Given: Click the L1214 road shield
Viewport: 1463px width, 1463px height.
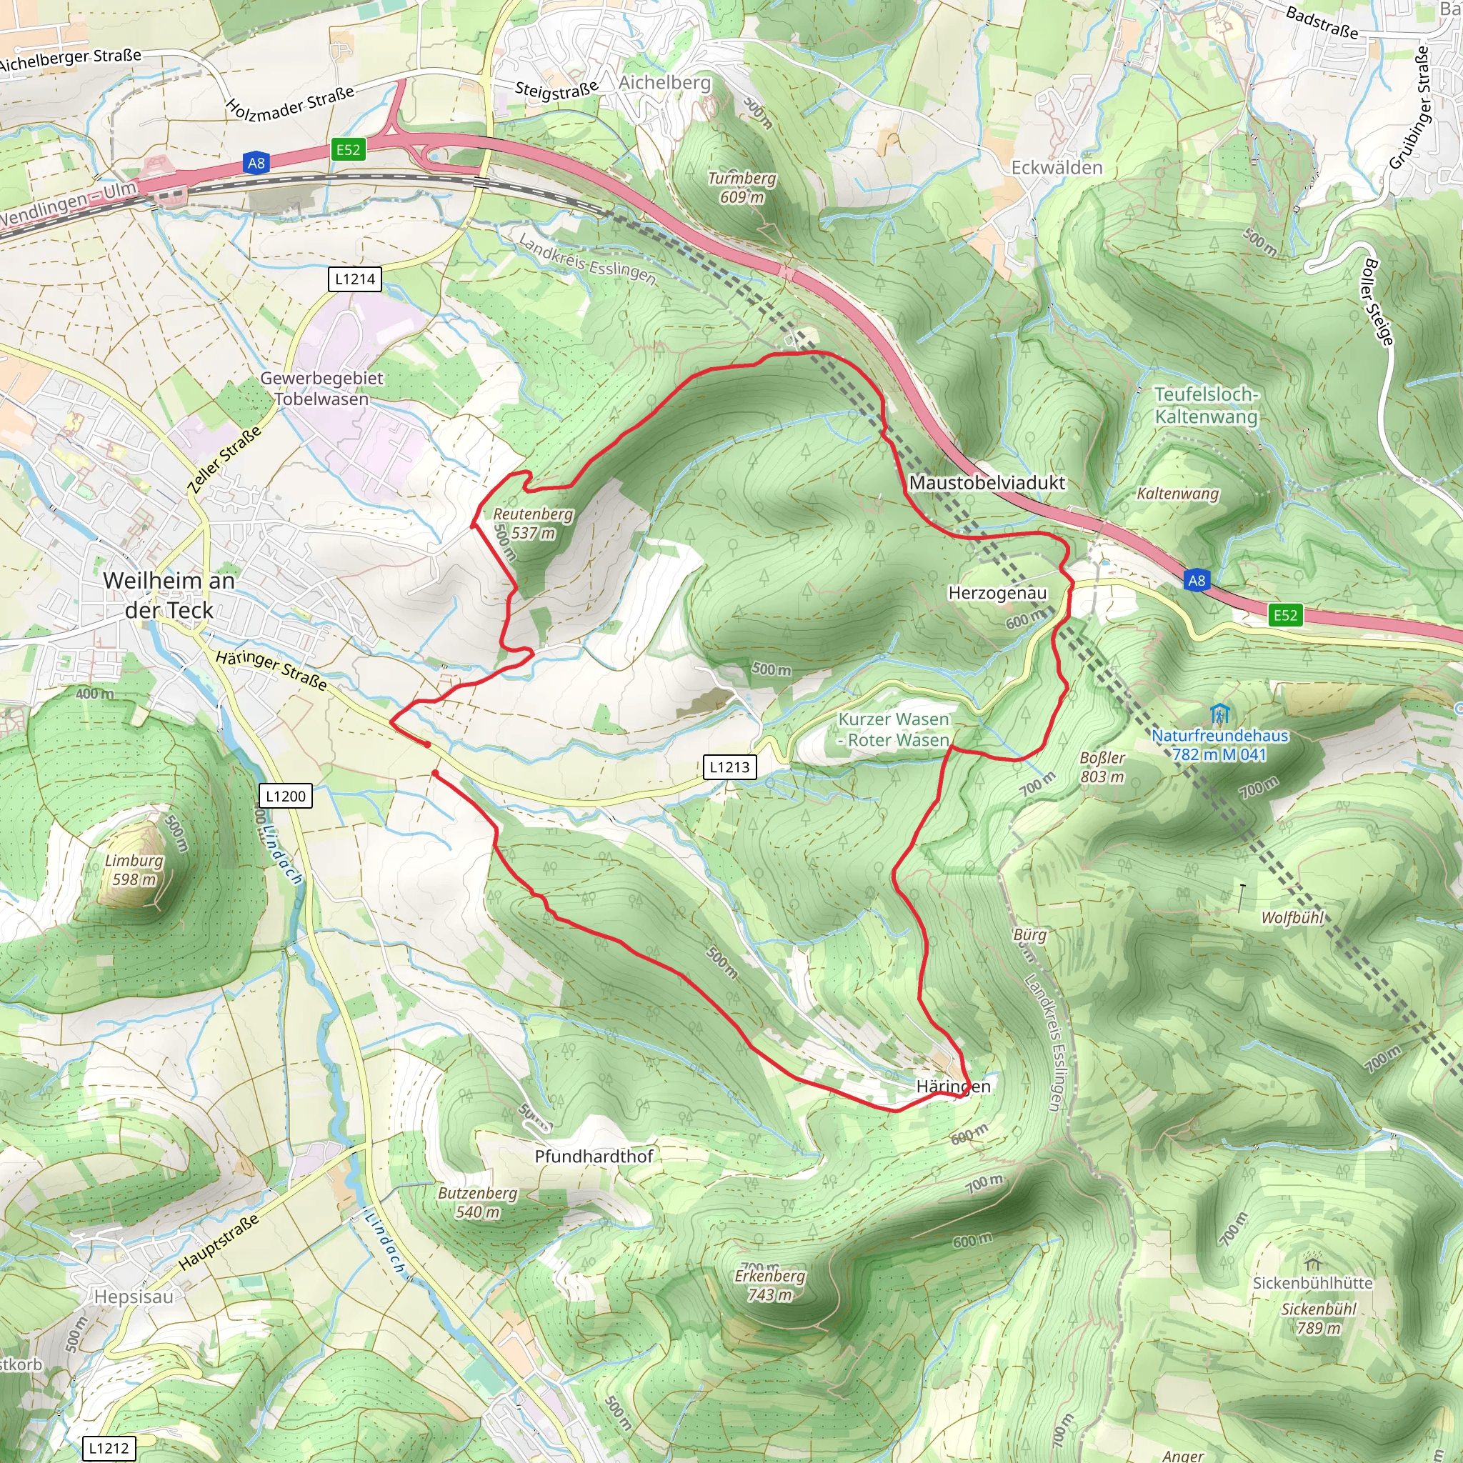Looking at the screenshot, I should pyautogui.click(x=355, y=279).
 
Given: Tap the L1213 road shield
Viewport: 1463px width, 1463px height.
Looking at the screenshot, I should pyautogui.click(x=729, y=767).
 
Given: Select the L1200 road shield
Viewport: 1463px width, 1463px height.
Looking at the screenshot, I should pyautogui.click(x=286, y=796).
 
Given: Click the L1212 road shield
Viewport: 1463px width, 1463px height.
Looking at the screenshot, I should pyautogui.click(x=109, y=1449).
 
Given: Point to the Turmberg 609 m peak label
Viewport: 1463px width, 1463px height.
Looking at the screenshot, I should pyautogui.click(x=742, y=188).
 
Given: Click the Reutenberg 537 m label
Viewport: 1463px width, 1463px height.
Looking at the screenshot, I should pyautogui.click(x=533, y=523).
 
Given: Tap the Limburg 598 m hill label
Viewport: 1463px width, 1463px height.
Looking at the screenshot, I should pyautogui.click(x=134, y=870).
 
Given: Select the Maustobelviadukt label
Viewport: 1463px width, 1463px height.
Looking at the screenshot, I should pyautogui.click(x=987, y=482).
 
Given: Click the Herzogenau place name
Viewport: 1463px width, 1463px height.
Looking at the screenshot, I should pyautogui.click(x=997, y=593).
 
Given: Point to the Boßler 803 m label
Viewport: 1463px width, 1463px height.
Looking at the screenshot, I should pyautogui.click(x=1102, y=767).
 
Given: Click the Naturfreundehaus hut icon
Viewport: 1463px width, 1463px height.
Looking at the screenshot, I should pyautogui.click(x=1219, y=714).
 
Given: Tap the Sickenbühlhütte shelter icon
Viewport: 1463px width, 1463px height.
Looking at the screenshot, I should pyautogui.click(x=1313, y=1263).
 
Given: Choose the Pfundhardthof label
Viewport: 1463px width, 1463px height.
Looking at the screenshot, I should pyautogui.click(x=594, y=1157).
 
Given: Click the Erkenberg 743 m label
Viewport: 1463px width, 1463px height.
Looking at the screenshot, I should pyautogui.click(x=770, y=1285).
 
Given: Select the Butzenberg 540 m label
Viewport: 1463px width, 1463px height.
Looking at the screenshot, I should pyautogui.click(x=478, y=1202).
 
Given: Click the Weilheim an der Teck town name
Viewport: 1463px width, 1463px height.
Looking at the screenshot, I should pyautogui.click(x=169, y=595).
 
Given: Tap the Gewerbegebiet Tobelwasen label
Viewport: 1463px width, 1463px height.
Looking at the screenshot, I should pyautogui.click(x=322, y=389).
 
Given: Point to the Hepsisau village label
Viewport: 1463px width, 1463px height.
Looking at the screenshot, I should pyautogui.click(x=134, y=1297).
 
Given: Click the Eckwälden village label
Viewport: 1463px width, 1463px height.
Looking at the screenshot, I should pyautogui.click(x=1057, y=167).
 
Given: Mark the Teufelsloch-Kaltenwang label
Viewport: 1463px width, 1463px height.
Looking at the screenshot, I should pyautogui.click(x=1206, y=405).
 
